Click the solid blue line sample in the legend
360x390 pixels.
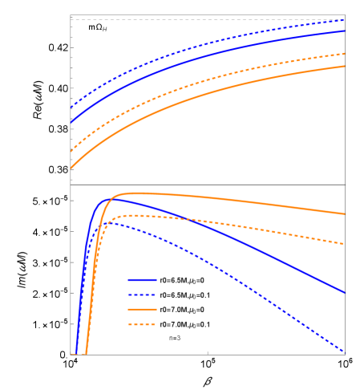(142, 280)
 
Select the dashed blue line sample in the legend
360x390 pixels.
(142, 295)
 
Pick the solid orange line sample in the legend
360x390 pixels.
(142, 309)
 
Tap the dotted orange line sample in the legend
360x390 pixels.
(142, 324)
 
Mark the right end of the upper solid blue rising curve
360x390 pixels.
(344, 31)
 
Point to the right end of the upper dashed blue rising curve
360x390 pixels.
(344, 21)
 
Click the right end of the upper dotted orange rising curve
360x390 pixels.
(344, 54)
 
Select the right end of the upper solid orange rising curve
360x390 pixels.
(344, 67)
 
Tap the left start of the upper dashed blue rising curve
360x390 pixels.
(71, 107)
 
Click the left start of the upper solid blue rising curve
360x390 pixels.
(71, 122)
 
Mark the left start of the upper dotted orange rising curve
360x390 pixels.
(71, 150)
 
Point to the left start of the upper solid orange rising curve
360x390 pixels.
(71, 168)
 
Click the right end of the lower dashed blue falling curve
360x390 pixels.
(344, 351)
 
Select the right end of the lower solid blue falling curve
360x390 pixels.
(344, 291)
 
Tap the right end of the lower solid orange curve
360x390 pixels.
(344, 213)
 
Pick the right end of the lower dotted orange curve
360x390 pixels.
(344, 243)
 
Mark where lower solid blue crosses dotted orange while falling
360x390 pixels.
(186, 219)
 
